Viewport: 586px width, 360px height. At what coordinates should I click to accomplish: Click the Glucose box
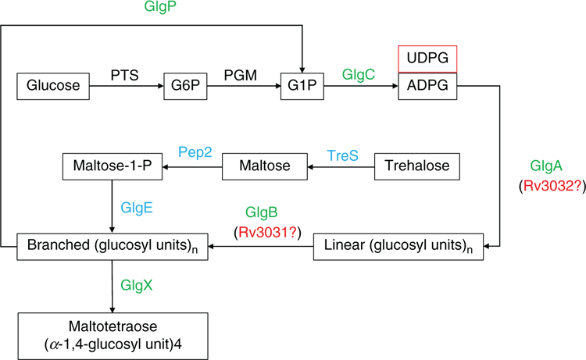click(x=53, y=86)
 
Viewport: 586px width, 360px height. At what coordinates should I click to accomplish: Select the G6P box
click(x=185, y=86)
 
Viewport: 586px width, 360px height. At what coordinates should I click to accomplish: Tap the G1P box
click(x=302, y=86)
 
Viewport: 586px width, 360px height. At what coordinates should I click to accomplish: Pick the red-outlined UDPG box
click(x=427, y=59)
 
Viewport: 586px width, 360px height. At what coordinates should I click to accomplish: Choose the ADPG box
click(x=427, y=86)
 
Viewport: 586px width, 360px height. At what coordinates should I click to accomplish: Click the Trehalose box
click(x=417, y=166)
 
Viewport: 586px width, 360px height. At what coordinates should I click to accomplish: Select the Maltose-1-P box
click(x=113, y=166)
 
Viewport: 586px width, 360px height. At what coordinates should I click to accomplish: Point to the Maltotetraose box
click(x=113, y=336)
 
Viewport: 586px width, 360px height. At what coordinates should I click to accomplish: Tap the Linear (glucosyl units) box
click(x=398, y=247)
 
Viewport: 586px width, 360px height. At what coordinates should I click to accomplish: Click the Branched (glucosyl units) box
click(x=113, y=247)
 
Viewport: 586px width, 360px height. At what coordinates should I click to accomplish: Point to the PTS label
click(x=125, y=76)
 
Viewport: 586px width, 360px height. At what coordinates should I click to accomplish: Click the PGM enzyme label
click(x=241, y=76)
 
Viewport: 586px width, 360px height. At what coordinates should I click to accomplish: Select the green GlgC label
click(x=359, y=75)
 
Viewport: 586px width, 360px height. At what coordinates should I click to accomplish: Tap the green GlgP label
click(x=160, y=7)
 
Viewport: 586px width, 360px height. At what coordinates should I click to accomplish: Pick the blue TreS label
click(x=343, y=155)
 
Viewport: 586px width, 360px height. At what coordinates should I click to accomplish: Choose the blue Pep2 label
click(x=195, y=152)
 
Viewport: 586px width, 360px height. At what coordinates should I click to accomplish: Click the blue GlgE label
click(x=137, y=208)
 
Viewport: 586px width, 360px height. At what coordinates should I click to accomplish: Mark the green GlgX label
click(x=137, y=286)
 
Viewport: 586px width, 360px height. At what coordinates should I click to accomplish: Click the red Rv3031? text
click(x=267, y=232)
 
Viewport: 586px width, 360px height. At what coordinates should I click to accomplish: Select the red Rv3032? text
click(x=552, y=186)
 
